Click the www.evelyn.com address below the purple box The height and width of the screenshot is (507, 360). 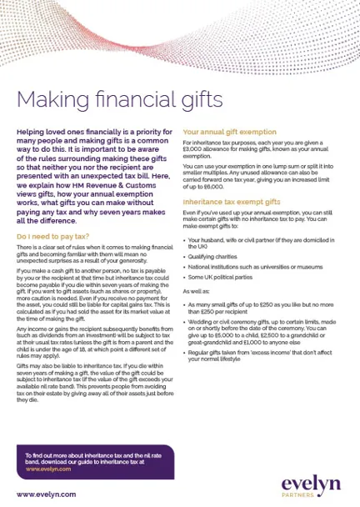tap(47, 494)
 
